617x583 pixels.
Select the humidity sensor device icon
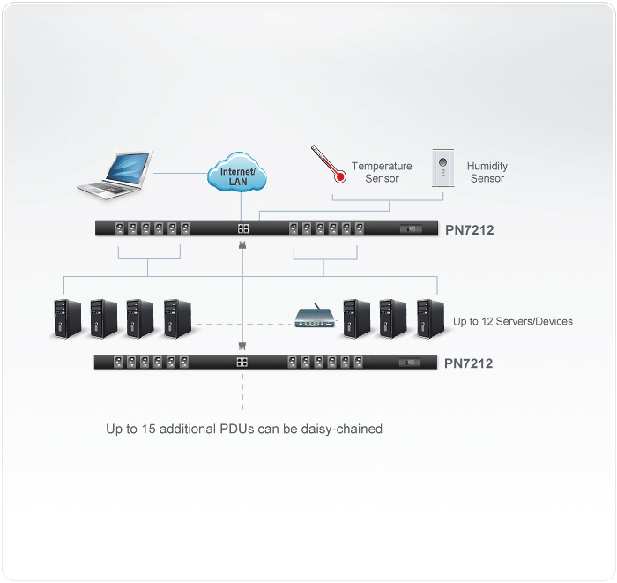(x=443, y=167)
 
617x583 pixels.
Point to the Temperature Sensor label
(x=382, y=172)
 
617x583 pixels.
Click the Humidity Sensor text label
(x=487, y=172)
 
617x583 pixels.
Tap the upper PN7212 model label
(x=469, y=231)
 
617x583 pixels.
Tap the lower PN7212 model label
(x=469, y=363)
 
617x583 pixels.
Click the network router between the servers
(x=315, y=318)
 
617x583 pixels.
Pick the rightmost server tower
(x=428, y=318)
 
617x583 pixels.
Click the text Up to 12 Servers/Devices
(x=513, y=321)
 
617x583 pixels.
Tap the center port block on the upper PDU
(x=243, y=229)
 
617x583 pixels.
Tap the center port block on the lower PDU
(x=243, y=362)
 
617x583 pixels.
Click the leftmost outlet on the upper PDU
(x=119, y=229)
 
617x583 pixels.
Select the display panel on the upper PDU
(x=411, y=229)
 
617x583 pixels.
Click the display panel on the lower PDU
(x=411, y=362)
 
